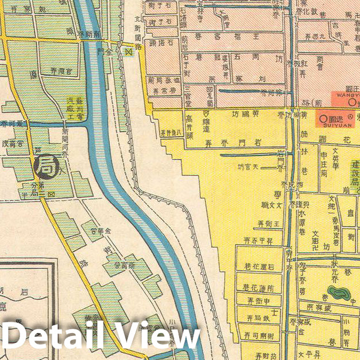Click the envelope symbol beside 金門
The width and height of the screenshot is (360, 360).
click(129, 51)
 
